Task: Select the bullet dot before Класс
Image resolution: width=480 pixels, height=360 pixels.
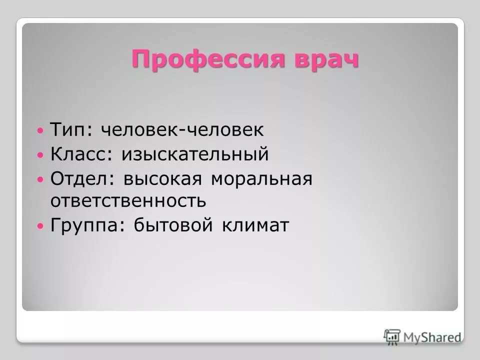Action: (x=41, y=155)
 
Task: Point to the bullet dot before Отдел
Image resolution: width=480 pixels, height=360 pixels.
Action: (x=41, y=179)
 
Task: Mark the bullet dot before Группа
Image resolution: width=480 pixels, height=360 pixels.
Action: (x=41, y=226)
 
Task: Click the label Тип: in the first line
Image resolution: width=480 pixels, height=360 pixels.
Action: (x=71, y=130)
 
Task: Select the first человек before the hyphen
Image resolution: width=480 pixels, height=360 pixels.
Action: (x=140, y=130)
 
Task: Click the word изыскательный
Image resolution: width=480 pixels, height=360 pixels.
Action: (x=194, y=154)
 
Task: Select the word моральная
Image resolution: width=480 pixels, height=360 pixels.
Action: (x=261, y=178)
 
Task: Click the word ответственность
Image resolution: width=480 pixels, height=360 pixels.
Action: (x=128, y=201)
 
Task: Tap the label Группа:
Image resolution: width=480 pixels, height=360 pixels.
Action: (x=87, y=226)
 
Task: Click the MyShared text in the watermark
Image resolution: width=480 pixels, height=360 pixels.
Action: (x=432, y=337)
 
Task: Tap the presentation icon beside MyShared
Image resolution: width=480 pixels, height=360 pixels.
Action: (x=393, y=336)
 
